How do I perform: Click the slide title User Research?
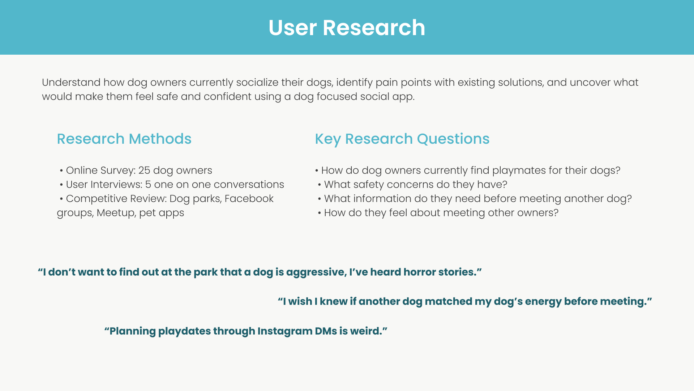347,28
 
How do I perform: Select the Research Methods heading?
124,139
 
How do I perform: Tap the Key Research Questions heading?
402,139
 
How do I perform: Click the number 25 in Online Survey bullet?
144,171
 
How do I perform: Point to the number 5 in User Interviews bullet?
148,185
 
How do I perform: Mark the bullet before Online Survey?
62,171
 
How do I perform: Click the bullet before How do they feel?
320,213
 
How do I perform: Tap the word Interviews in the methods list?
116,185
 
